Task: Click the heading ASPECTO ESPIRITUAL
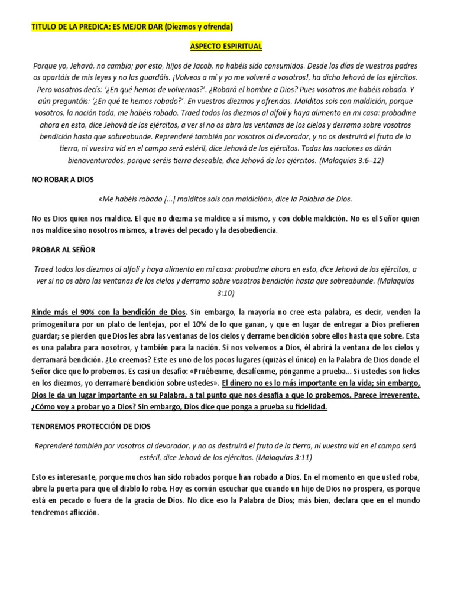point(226,46)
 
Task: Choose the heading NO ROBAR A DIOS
point(62,179)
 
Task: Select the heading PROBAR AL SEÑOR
point(63,250)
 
